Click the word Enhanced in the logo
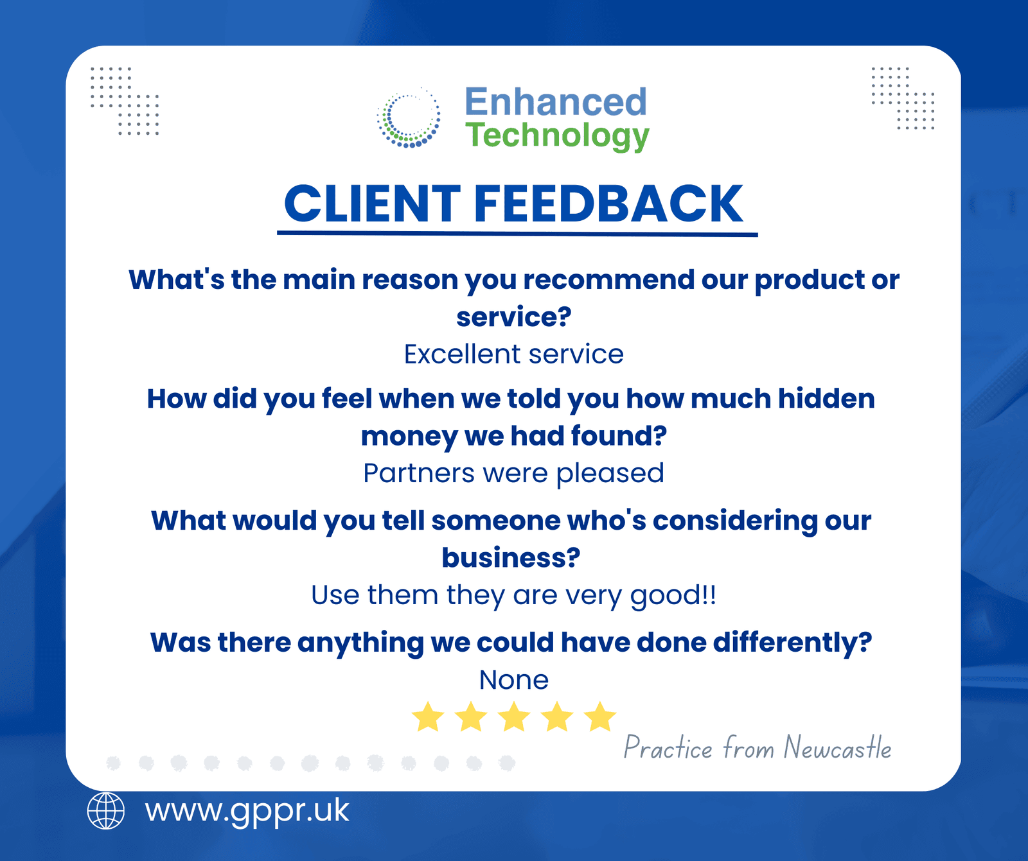pyautogui.click(x=556, y=102)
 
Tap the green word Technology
pyautogui.click(x=557, y=136)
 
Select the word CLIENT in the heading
pyautogui.click(x=372, y=204)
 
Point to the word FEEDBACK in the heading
pyautogui.click(x=608, y=204)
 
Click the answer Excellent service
pyautogui.click(x=513, y=354)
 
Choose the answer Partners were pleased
pyautogui.click(x=513, y=474)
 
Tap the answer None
pyautogui.click(x=514, y=680)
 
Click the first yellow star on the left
pyautogui.click(x=428, y=717)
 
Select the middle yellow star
pyautogui.click(x=514, y=717)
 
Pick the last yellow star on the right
pyautogui.click(x=600, y=717)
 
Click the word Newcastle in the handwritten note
pyautogui.click(x=837, y=748)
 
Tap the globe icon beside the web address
pyautogui.click(x=106, y=811)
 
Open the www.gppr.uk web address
pyautogui.click(x=247, y=811)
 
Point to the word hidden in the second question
pyautogui.click(x=826, y=399)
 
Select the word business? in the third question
pyautogui.click(x=511, y=557)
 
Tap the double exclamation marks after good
pyautogui.click(x=709, y=595)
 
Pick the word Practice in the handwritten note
pyautogui.click(x=668, y=748)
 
